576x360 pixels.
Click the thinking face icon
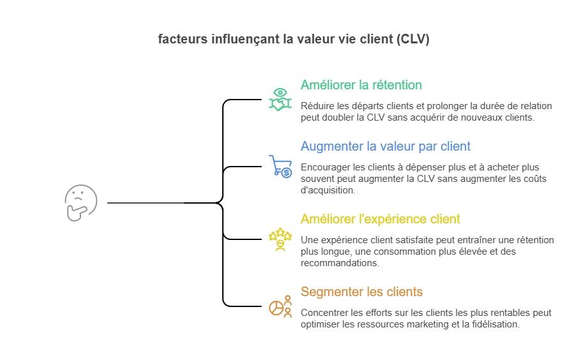(x=81, y=203)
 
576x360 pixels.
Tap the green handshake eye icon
(x=280, y=100)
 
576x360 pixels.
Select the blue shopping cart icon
(x=280, y=166)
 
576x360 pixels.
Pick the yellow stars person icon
(x=280, y=239)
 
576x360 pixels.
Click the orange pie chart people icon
(x=280, y=306)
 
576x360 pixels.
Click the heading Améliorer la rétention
(x=361, y=85)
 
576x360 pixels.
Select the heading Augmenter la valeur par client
(x=385, y=146)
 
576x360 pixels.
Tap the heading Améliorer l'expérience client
(x=380, y=219)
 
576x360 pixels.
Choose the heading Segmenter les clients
(x=361, y=292)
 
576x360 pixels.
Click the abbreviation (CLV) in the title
(x=413, y=40)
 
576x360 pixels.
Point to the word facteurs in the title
(x=182, y=40)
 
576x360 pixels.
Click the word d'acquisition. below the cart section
(x=328, y=190)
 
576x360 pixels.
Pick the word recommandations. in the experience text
(x=340, y=263)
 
